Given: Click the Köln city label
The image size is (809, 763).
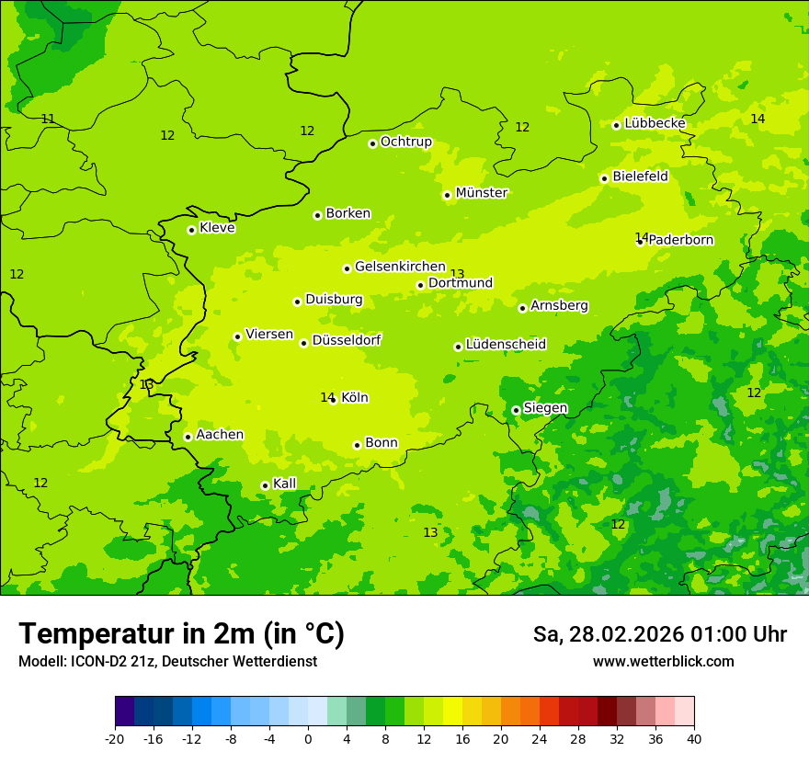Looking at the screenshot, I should tap(355, 398).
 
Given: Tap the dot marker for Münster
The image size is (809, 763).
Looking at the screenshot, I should tap(447, 195).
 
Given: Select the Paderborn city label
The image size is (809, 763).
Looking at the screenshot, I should tap(681, 240).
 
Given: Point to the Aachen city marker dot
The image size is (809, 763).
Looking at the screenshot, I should tap(188, 437).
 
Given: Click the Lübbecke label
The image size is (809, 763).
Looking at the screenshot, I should tap(655, 123).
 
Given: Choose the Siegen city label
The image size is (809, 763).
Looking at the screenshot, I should tap(545, 408).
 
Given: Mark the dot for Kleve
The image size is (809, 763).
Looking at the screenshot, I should tap(191, 230).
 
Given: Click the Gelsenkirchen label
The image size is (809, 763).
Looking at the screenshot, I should tap(400, 267).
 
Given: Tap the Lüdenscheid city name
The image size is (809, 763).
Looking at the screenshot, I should tap(506, 345).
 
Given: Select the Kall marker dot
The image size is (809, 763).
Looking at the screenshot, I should tap(265, 485).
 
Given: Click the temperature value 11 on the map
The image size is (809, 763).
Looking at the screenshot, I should tap(48, 119).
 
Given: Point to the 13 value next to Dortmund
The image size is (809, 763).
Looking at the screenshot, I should tap(457, 274).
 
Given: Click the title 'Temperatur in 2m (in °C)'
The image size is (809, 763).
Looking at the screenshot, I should tap(181, 634).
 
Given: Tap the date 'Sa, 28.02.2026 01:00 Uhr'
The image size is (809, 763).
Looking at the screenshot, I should tap(659, 634).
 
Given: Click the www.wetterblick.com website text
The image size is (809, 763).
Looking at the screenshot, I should tap(663, 662).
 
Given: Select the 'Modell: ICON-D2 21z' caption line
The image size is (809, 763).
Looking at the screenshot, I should tap(167, 662).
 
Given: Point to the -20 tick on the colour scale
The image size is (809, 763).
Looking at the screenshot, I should tap(115, 739).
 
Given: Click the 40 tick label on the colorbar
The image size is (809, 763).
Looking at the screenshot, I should tap(694, 739).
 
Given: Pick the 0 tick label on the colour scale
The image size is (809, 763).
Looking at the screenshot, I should tap(308, 739).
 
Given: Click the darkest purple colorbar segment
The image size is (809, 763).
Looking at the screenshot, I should tap(124, 712).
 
